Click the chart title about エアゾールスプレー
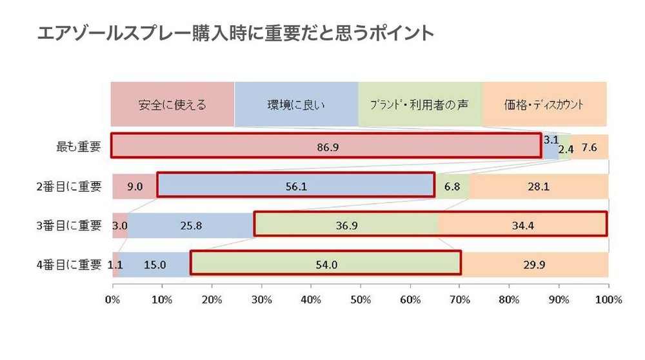click(x=236, y=34)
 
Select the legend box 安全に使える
click(x=172, y=105)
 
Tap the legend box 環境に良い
click(x=296, y=105)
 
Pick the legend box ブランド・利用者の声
click(x=420, y=105)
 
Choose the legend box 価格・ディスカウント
click(x=544, y=105)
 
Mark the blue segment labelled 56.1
click(x=296, y=186)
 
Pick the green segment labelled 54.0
click(x=325, y=264)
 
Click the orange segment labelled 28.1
click(x=539, y=186)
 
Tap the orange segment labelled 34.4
click(x=522, y=225)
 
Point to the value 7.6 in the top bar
click(x=590, y=147)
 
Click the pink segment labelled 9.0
click(x=134, y=186)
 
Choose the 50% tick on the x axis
click(x=360, y=300)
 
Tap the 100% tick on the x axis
click(x=608, y=300)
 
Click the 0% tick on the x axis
click(x=113, y=300)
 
